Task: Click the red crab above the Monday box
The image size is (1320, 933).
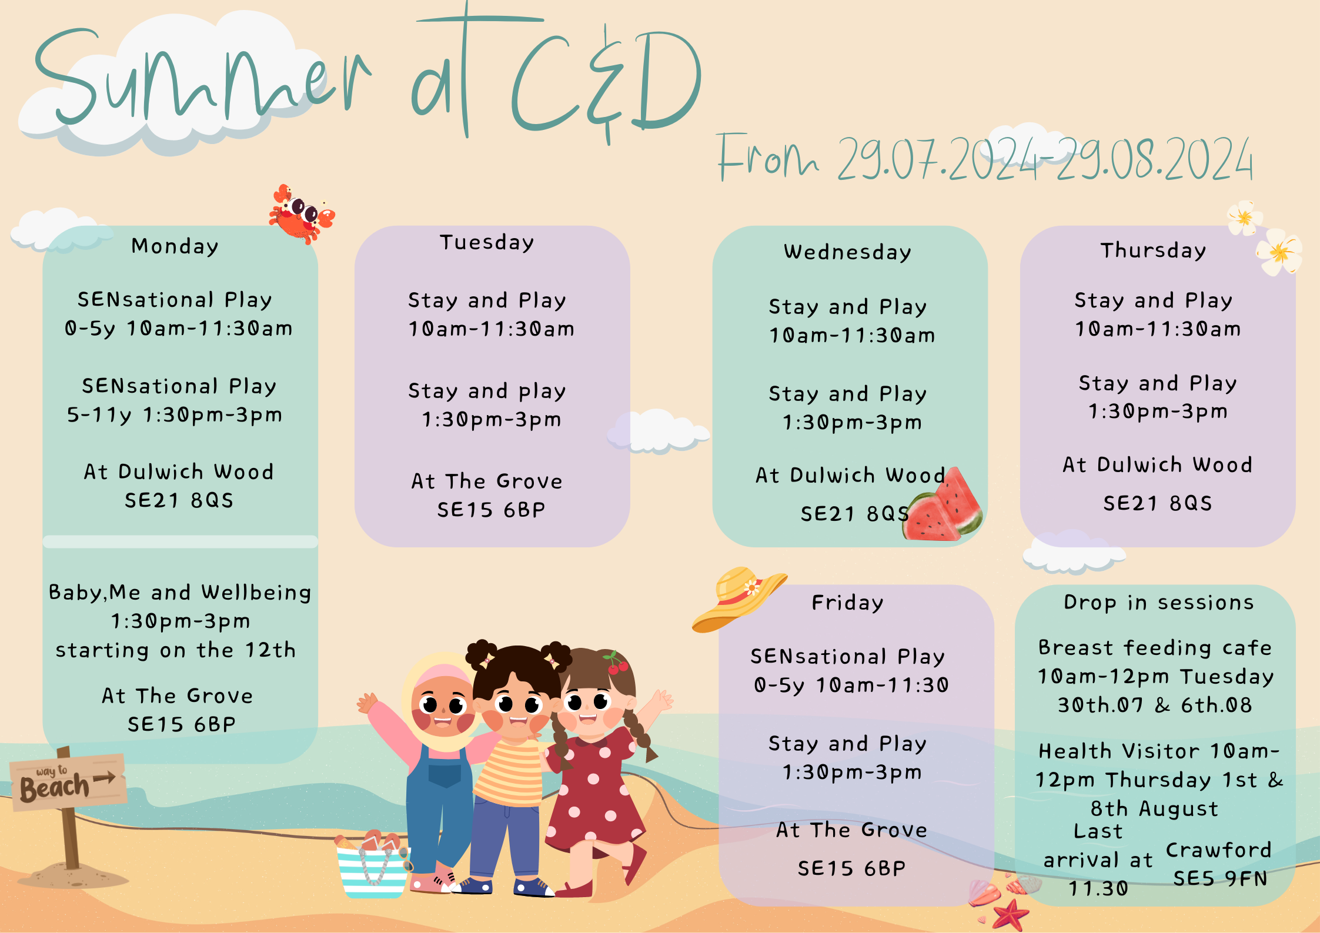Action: [x=302, y=214]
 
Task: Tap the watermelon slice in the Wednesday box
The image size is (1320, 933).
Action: [x=943, y=506]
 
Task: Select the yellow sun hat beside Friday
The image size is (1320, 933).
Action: [x=738, y=598]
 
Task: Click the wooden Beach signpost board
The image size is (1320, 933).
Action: [x=68, y=782]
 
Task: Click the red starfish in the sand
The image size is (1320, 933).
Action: [x=1010, y=915]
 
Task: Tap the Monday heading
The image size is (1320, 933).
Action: [x=175, y=246]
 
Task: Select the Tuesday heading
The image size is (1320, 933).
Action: [x=487, y=242]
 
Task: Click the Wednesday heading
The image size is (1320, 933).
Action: [x=848, y=252]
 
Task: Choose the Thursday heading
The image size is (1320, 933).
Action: [x=1154, y=250]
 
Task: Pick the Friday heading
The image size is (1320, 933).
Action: [x=847, y=603]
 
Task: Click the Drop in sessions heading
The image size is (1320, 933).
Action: [x=1159, y=603]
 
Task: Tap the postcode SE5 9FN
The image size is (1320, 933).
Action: [x=1221, y=878]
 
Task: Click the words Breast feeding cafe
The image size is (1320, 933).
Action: [x=1155, y=648]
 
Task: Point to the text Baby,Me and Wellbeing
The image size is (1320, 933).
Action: [x=180, y=593]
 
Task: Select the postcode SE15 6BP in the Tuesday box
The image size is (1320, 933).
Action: [x=492, y=510]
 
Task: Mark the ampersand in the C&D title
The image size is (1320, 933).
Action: [x=606, y=85]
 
